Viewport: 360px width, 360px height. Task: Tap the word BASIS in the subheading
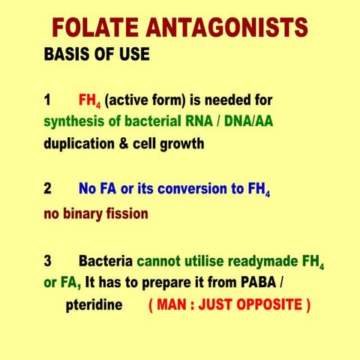click(67, 55)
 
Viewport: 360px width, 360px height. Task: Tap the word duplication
click(79, 144)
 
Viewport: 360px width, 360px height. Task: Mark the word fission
click(130, 213)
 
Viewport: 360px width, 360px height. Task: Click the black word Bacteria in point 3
click(106, 262)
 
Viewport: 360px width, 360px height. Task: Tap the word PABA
click(259, 283)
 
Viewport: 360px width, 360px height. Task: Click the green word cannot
click(159, 262)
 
